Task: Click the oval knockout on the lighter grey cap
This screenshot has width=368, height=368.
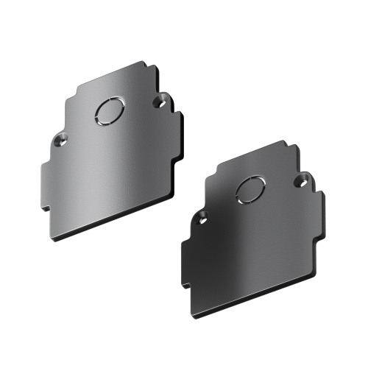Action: pyautogui.click(x=109, y=112)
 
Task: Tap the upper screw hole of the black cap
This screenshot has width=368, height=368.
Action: pyautogui.click(x=301, y=179)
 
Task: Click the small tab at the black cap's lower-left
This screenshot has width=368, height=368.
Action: pyautogui.click(x=185, y=284)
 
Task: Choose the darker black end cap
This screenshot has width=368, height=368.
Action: pyautogui.click(x=250, y=236)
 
